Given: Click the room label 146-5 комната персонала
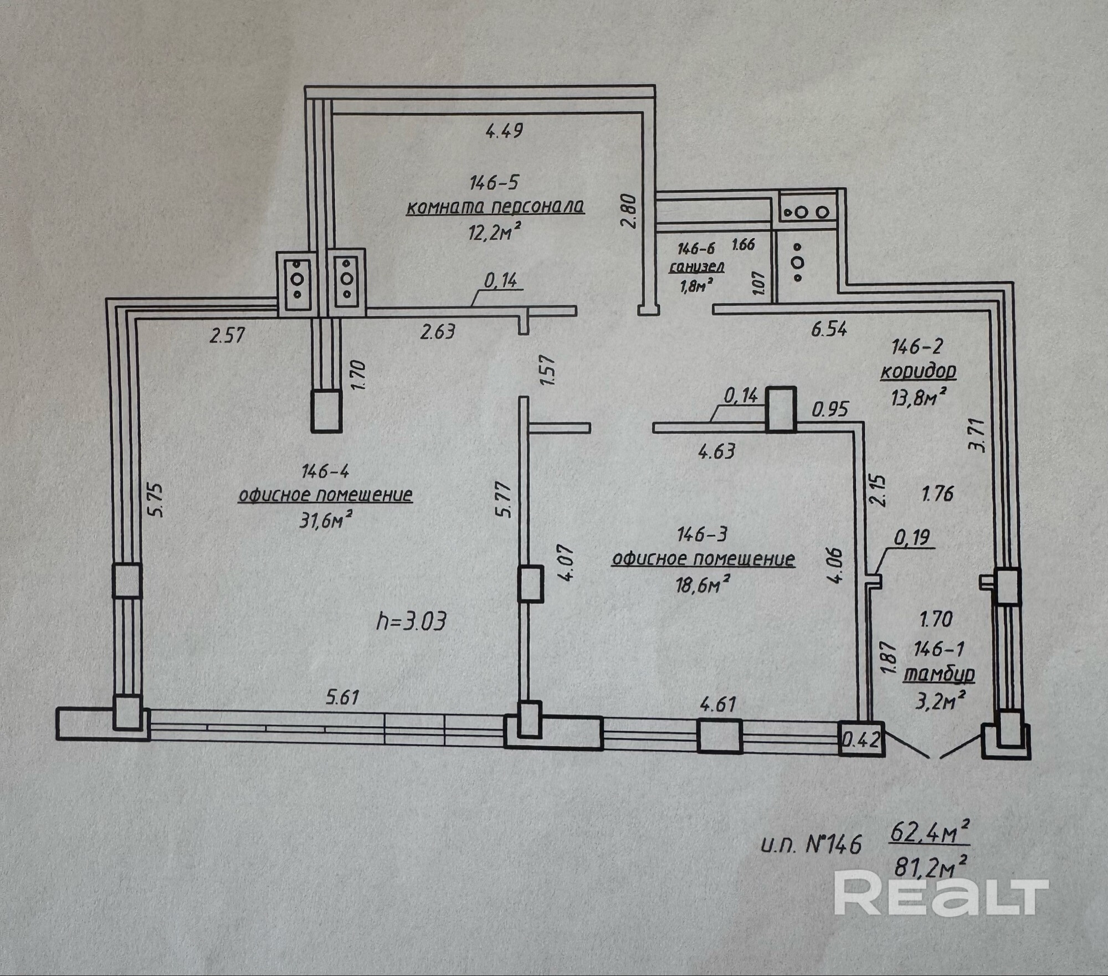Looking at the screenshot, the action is click(x=495, y=207).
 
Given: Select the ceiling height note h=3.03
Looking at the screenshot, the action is click(x=411, y=622).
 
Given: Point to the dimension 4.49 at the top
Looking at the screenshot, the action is click(x=504, y=131).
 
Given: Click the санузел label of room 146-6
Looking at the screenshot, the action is click(x=697, y=267).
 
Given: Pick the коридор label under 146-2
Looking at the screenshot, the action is click(x=918, y=372).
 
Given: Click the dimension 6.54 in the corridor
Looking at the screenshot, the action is click(x=829, y=330).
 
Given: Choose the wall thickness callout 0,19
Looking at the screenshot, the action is click(x=912, y=537).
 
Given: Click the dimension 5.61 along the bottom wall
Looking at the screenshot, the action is click(x=342, y=697).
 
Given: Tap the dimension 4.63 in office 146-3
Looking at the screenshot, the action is click(x=717, y=451).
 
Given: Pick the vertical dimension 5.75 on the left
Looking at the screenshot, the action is click(x=157, y=500).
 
